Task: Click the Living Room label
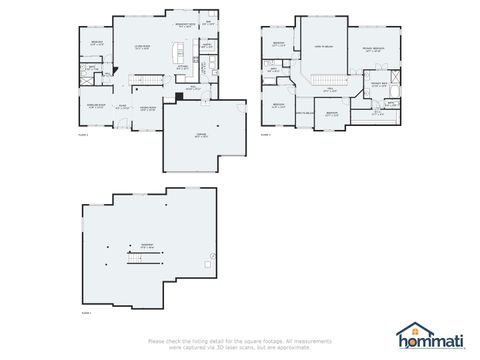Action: tap(143, 46)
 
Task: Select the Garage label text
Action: tap(201, 136)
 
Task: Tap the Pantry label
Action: tap(206, 46)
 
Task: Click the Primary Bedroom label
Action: tap(373, 50)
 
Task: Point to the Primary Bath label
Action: tap(378, 85)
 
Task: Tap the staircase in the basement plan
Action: tap(145, 258)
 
